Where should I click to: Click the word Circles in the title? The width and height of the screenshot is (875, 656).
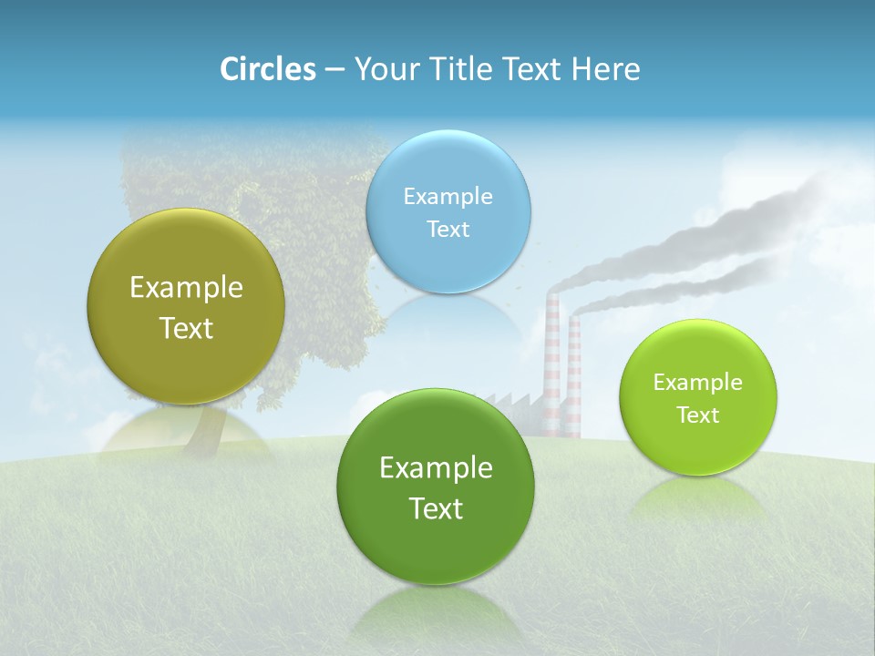tap(267, 69)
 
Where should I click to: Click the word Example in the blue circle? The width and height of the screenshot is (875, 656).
tap(448, 196)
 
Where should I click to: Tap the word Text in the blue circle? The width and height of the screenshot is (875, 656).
tap(448, 229)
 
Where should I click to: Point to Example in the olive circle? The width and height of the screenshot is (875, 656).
tap(186, 288)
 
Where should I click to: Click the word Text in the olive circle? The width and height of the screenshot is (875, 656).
tap(186, 328)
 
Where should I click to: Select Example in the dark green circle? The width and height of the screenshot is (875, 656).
tap(436, 468)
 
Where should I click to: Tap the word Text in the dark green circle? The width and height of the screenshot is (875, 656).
tap(436, 508)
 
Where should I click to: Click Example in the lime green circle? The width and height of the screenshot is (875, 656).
tap(698, 382)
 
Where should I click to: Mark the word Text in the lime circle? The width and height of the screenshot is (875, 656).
tap(698, 415)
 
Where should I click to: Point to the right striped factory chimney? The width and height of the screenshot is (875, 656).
tap(574, 374)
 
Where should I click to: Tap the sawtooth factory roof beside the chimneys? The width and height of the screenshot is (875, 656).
tap(510, 401)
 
